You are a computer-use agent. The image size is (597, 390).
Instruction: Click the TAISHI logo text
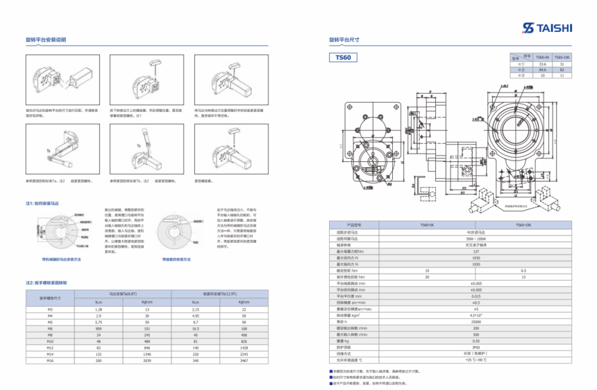(x=553, y=28)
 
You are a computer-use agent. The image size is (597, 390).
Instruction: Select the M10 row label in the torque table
(x=50, y=341)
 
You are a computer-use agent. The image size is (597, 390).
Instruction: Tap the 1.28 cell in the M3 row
(x=99, y=310)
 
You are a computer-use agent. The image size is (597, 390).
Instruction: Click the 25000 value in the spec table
(x=476, y=323)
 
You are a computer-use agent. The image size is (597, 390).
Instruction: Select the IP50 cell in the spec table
(x=476, y=346)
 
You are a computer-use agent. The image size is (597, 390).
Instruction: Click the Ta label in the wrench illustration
(x=48, y=149)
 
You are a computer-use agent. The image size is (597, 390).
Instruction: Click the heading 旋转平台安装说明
(x=46, y=40)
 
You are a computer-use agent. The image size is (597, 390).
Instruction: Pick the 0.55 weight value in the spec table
(x=476, y=340)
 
